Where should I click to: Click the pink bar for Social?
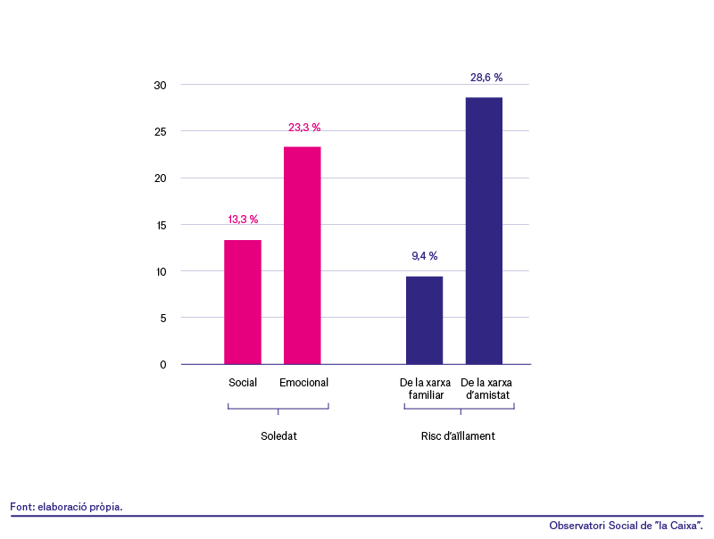pyautogui.click(x=243, y=303)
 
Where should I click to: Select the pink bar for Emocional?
pyautogui.click(x=303, y=255)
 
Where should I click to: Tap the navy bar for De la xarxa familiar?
pyautogui.click(x=425, y=320)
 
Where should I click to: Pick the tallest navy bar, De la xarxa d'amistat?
pyautogui.click(x=484, y=231)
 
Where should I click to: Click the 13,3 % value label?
pyautogui.click(x=243, y=220)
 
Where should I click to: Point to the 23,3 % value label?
pyautogui.click(x=304, y=128)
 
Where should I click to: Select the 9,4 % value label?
pyautogui.click(x=425, y=256)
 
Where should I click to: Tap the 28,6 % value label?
pyautogui.click(x=486, y=78)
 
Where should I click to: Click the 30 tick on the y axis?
pyautogui.click(x=161, y=85)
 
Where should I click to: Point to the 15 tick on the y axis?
pyautogui.click(x=162, y=225)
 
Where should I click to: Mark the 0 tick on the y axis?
pyautogui.click(x=163, y=364)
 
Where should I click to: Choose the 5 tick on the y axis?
pyautogui.click(x=163, y=318)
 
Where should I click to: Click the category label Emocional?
pyautogui.click(x=303, y=383)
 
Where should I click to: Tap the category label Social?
pyautogui.click(x=243, y=383)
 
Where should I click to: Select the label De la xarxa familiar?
pyautogui.click(x=426, y=388)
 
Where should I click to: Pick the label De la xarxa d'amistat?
pyautogui.click(x=486, y=388)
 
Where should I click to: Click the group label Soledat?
pyautogui.click(x=278, y=436)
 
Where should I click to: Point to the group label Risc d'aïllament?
pyautogui.click(x=458, y=436)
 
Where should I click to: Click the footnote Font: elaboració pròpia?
pyautogui.click(x=66, y=507)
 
